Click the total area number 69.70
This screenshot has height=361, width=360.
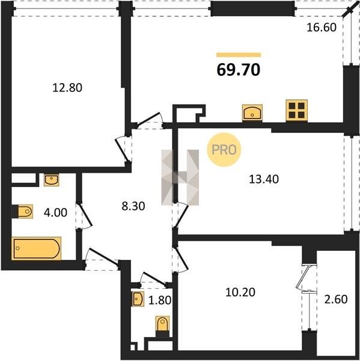(239, 70)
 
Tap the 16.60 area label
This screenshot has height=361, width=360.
(322, 28)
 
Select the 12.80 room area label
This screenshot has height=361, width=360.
(67, 88)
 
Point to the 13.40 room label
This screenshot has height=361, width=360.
(264, 179)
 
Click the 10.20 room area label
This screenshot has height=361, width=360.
(240, 292)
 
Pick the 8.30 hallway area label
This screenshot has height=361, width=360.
(133, 206)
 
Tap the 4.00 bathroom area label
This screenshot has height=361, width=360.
(55, 212)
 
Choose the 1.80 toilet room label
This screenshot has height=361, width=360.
(160, 300)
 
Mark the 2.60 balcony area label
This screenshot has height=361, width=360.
(336, 299)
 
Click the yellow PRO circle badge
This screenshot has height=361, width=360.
(224, 150)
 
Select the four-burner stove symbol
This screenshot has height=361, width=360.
(297, 110)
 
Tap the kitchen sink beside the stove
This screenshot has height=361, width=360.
(252, 113)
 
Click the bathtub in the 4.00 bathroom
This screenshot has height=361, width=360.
(36, 248)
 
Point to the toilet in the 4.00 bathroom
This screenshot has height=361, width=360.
(23, 211)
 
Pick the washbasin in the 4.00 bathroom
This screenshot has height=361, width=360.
(52, 180)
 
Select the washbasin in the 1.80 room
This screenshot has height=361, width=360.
(138, 299)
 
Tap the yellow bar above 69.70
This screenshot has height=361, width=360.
(239, 55)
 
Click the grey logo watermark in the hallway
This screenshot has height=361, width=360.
(180, 177)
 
